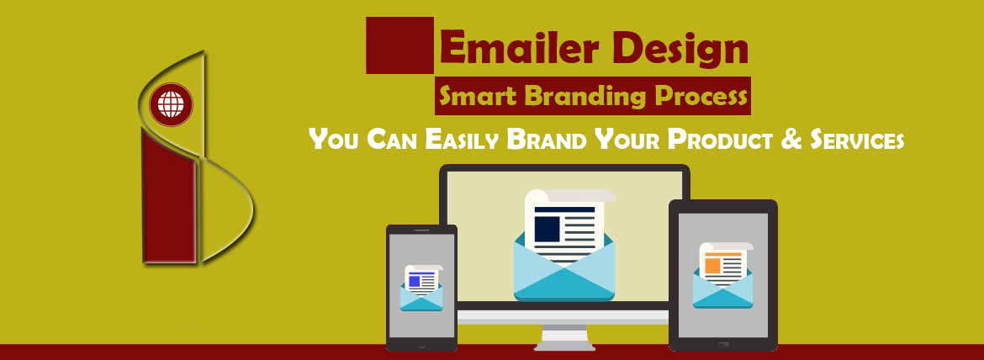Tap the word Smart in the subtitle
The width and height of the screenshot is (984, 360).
coord(476,98)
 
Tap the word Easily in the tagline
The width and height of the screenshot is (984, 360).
coord(462,139)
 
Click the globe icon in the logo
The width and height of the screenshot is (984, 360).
coord(172,106)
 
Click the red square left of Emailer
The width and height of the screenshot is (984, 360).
coord(399,45)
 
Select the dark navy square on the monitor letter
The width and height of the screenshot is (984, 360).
coord(548,228)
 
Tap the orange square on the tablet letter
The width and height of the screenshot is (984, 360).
coord(713,265)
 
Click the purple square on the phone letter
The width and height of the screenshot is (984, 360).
coord(414,281)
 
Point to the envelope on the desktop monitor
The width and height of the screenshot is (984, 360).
coord(564,269)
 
